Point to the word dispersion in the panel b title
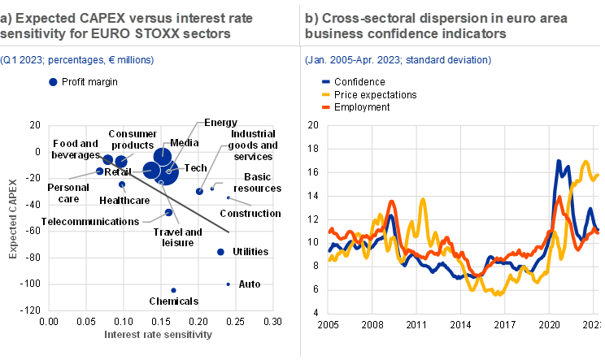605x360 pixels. (x=438, y=18)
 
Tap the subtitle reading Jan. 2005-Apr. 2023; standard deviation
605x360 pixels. (x=398, y=60)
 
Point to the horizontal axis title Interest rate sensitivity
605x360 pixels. (x=158, y=334)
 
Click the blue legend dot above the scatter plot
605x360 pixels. (x=54, y=81)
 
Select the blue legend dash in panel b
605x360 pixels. (x=326, y=82)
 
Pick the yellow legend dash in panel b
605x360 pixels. (x=326, y=94)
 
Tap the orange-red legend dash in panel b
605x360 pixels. (x=326, y=106)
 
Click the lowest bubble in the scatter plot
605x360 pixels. (x=173, y=290)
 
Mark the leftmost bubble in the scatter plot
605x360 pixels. (x=100, y=171)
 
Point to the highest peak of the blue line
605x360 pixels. (x=558, y=162)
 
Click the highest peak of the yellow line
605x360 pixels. (x=587, y=163)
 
